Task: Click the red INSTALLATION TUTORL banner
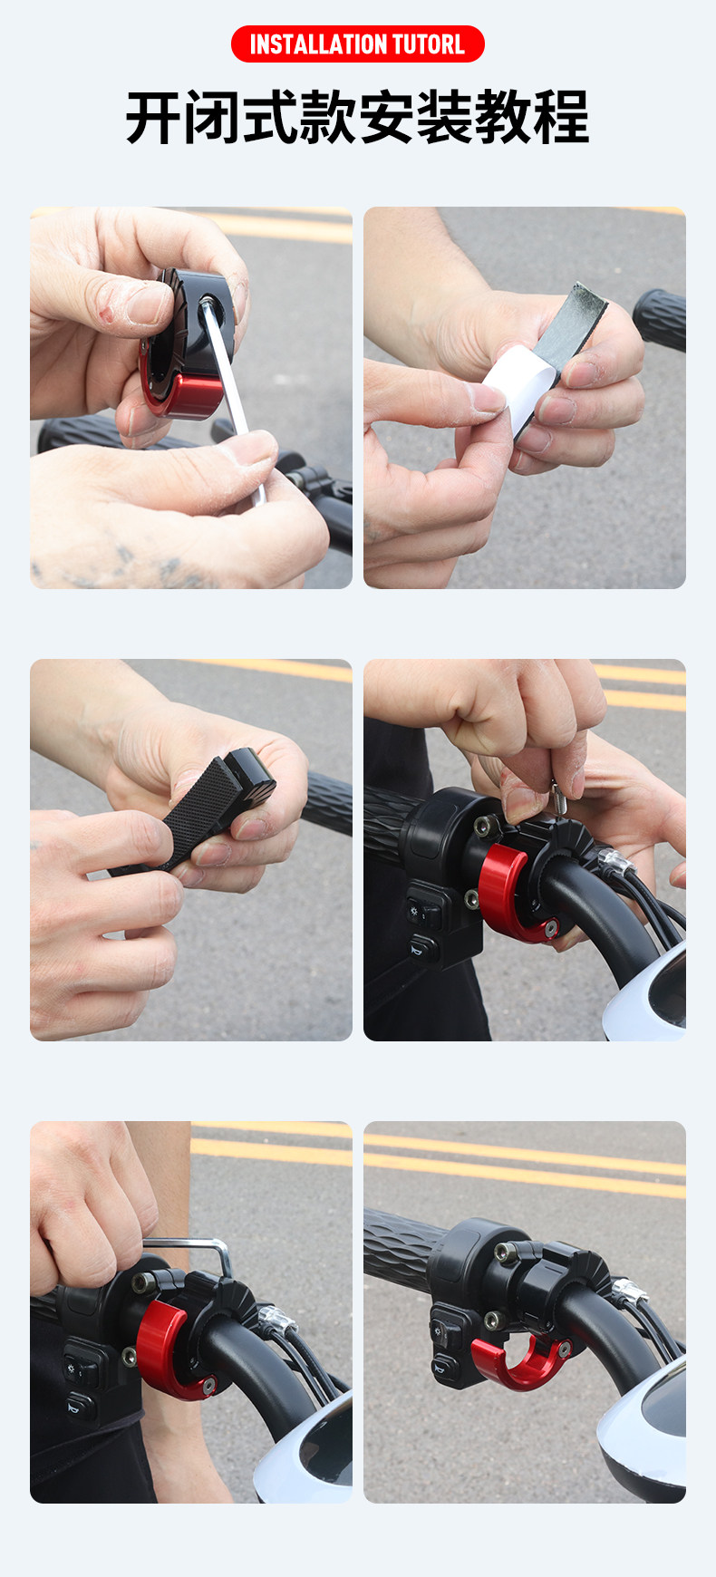(357, 44)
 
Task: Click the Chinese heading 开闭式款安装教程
(357, 118)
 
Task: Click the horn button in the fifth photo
(79, 1405)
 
